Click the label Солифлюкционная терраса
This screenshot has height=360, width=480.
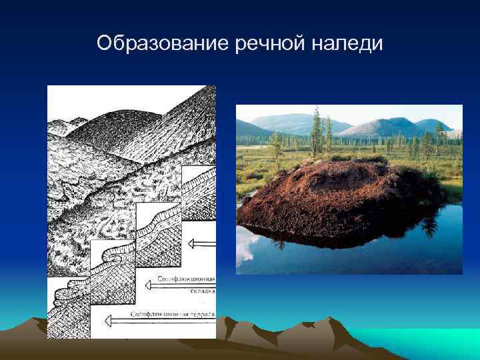click(172, 313)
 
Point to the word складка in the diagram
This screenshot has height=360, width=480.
click(201, 290)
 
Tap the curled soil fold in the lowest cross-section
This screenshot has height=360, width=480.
click(67, 293)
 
